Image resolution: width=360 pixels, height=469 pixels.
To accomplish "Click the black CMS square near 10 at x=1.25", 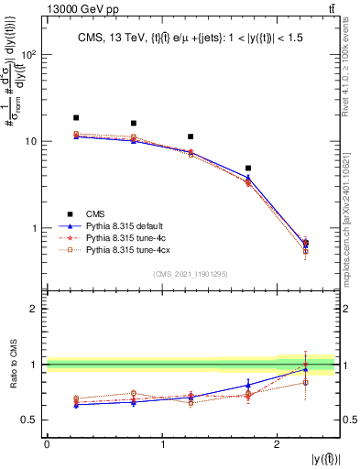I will point(191,136).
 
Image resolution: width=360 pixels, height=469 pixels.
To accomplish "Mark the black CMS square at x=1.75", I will point(248,169).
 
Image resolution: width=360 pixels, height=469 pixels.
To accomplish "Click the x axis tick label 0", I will point(47,443).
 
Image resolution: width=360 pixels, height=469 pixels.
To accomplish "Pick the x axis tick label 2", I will point(277,443).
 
